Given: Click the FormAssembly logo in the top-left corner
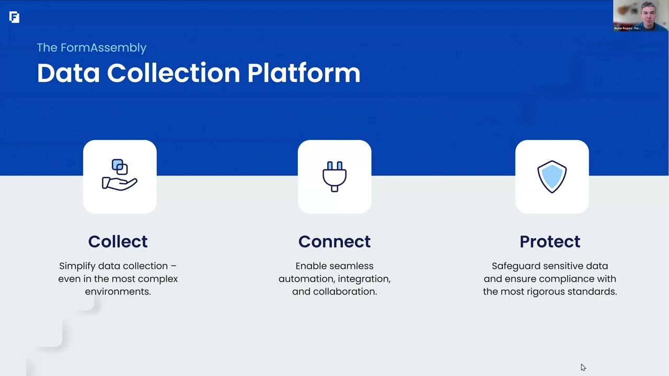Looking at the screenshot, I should [14, 17].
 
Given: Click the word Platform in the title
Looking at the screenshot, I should [304, 73].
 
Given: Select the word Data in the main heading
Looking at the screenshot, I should [68, 73].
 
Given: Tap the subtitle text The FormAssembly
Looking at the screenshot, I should [91, 48].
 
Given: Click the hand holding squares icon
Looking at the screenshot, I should [120, 175].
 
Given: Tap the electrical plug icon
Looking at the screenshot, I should [334, 177].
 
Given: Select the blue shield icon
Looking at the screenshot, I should [552, 177].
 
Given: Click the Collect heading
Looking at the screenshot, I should [118, 241].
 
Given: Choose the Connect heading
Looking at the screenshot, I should [334, 241].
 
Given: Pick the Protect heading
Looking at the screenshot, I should [550, 241].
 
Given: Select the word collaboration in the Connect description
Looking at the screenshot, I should [345, 291].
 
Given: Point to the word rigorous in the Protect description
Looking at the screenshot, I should [546, 291].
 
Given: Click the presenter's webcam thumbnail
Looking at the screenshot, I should [641, 16].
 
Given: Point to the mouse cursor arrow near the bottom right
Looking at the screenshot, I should [583, 367].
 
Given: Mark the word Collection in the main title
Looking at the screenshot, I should [174, 73].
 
